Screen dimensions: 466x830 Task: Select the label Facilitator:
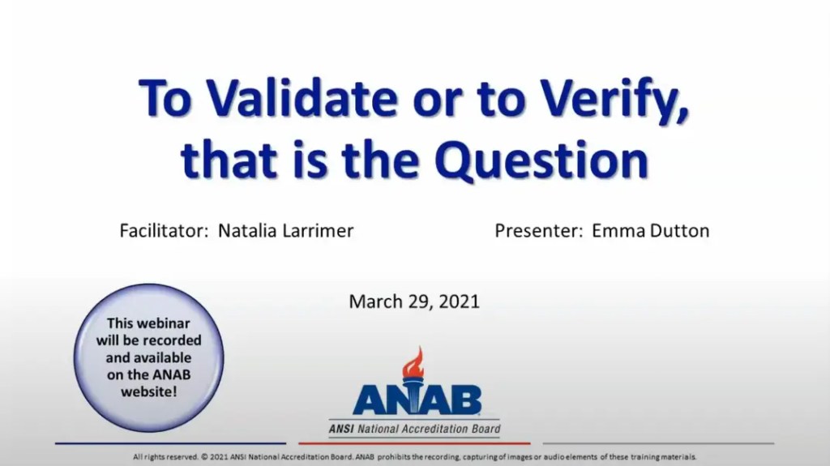[x=165, y=230]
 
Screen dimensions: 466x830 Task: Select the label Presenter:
[x=539, y=230]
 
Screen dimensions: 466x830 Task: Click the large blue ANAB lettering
[x=417, y=400]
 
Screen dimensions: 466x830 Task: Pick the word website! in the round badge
[x=148, y=391]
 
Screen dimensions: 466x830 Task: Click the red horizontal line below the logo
[x=414, y=444]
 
